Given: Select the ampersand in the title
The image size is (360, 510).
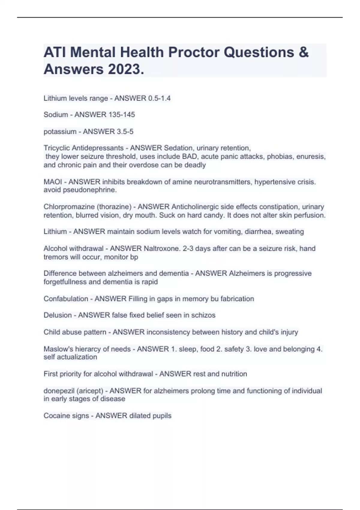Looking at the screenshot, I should coord(303,52).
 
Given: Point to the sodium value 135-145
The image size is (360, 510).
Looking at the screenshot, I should coord(120,115).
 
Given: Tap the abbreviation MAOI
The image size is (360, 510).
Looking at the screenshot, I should coord(53,182).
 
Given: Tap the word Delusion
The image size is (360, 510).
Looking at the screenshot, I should coord(58,315).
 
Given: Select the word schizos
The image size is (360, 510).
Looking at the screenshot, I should coord(203,315).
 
